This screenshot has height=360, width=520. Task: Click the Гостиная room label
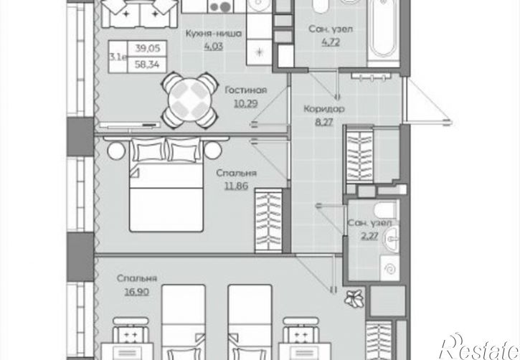click(246, 90)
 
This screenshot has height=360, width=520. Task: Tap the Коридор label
click(324, 109)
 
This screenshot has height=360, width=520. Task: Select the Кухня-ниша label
click(213, 34)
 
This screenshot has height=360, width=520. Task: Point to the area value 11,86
click(236, 186)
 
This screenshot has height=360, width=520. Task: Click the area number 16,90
click(136, 292)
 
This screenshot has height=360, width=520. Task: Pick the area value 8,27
click(323, 122)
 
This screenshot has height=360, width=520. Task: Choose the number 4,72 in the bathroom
click(331, 42)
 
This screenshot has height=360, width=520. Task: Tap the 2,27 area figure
click(369, 236)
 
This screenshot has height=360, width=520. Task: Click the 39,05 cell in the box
click(148, 48)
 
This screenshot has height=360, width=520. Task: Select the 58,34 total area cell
click(147, 65)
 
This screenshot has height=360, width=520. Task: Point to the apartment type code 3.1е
click(118, 57)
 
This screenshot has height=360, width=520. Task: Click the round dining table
click(189, 100)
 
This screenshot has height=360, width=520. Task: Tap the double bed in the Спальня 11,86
click(166, 184)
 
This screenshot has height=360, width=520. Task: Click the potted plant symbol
click(354, 298)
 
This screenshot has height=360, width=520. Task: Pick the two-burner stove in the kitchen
click(220, 6)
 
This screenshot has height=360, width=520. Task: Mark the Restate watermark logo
click(480, 347)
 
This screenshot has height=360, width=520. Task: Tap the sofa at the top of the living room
click(140, 14)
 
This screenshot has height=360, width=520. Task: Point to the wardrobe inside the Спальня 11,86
click(269, 221)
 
